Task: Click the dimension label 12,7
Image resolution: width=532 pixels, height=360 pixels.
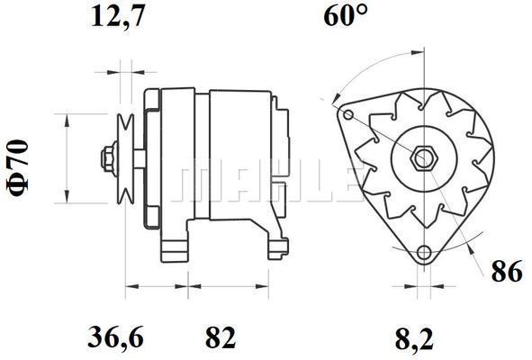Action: (x=118, y=16)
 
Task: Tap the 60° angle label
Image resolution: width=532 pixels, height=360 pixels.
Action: (x=346, y=16)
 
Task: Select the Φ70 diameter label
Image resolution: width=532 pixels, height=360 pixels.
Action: (x=18, y=168)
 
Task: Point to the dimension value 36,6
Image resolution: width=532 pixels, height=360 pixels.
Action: (x=116, y=337)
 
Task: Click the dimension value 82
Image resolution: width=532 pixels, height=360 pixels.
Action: (x=221, y=337)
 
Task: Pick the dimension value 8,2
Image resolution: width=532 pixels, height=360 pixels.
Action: (x=415, y=339)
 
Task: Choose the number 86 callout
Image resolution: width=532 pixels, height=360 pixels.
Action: (x=507, y=272)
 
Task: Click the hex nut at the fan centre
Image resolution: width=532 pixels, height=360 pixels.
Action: (x=424, y=157)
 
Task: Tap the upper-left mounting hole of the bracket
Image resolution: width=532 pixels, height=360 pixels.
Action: (x=348, y=114)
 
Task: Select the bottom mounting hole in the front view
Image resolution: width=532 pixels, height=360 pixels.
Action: (x=424, y=252)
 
